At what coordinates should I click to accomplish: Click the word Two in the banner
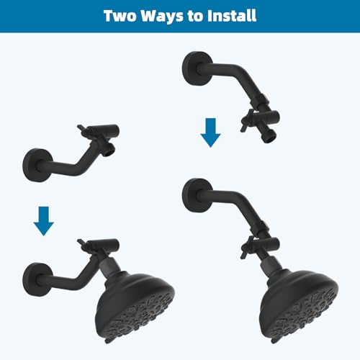[120, 16]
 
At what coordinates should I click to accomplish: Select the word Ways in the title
[162, 17]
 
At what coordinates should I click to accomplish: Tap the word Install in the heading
[232, 16]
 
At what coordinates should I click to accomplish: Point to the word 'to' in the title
[195, 17]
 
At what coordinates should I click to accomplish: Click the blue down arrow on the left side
[44, 221]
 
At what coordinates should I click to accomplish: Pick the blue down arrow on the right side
[210, 132]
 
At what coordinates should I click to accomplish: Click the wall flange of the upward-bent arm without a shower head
[38, 165]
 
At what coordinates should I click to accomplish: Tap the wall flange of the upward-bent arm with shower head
[38, 280]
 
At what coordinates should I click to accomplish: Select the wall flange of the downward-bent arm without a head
[198, 68]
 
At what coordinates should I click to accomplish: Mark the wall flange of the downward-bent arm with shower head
[198, 195]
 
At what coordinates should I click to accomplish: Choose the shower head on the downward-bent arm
[299, 304]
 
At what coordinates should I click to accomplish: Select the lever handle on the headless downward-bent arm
[246, 121]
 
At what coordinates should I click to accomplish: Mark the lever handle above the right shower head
[246, 248]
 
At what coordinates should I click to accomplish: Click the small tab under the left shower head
[108, 341]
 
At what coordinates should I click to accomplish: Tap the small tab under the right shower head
[273, 341]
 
